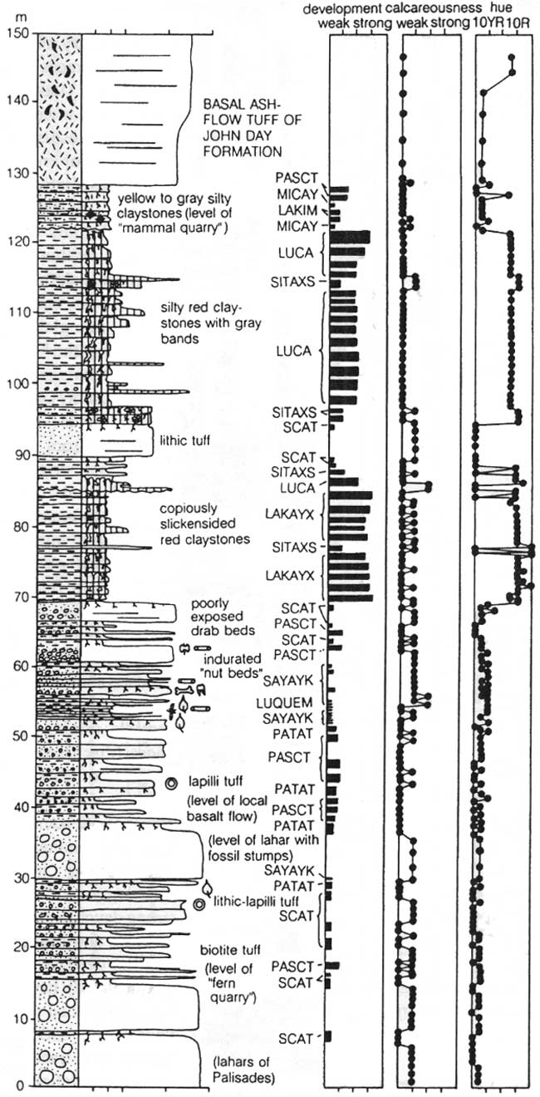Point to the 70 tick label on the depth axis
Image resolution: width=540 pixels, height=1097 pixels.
point(19,597)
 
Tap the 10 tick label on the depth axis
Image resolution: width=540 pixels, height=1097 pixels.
point(19,1020)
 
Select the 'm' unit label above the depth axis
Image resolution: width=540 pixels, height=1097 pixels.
point(20,18)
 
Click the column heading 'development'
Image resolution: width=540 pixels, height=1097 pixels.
point(341,9)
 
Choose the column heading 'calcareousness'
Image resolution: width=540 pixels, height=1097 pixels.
point(431,9)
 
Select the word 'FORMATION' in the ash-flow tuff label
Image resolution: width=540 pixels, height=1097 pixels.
point(243,151)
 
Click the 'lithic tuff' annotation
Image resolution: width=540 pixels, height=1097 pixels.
point(185,440)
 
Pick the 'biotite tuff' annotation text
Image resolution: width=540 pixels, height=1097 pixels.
point(230,951)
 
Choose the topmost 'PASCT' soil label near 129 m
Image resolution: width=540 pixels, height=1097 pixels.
point(297,177)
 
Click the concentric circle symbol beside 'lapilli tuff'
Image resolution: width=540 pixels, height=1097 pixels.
point(171,784)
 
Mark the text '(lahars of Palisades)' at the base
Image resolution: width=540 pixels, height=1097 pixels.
point(242,1069)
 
